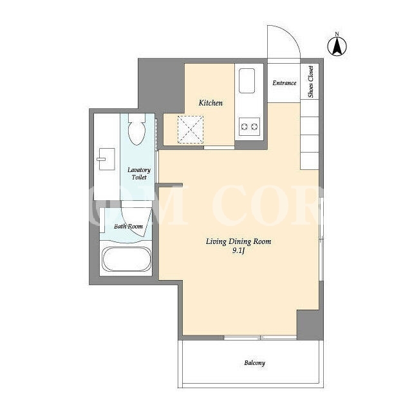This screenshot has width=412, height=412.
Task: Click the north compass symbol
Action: (337, 46)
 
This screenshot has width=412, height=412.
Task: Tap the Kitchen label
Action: (211, 103)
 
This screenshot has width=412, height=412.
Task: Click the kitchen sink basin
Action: (247, 80)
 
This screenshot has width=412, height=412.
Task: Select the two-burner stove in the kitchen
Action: (249, 127)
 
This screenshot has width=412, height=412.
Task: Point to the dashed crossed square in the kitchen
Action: (191, 129)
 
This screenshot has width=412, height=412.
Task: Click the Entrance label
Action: (285, 83)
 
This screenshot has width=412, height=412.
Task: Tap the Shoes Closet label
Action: (311, 82)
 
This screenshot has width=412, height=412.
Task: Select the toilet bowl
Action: (137, 129)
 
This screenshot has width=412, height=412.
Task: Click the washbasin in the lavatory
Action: (107, 159)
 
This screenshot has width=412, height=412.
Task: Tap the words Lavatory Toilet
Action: (139, 173)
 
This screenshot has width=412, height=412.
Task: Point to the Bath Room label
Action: (128, 226)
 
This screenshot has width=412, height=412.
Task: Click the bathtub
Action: (127, 259)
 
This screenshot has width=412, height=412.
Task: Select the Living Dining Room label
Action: (238, 241)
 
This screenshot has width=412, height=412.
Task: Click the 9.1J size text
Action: (238, 251)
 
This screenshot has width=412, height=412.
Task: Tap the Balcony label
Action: (255, 363)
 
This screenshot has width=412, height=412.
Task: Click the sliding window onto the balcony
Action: (260, 337)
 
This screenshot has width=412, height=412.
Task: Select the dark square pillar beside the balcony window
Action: (310, 324)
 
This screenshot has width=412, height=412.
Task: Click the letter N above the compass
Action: (337, 34)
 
